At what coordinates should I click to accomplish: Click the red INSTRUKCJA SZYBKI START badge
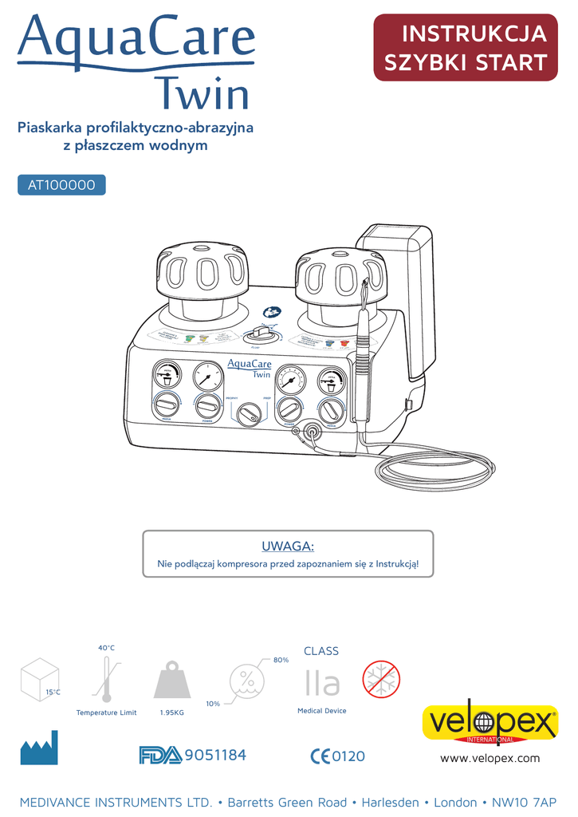(466, 48)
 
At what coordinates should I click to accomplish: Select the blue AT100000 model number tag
(61, 185)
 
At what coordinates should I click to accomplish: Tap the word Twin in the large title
(202, 94)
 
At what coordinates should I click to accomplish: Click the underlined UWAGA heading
(288, 546)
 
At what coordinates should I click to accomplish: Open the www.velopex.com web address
(490, 758)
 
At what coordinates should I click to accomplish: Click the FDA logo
(159, 755)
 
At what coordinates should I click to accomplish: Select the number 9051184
(214, 755)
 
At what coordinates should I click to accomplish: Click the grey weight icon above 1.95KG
(172, 681)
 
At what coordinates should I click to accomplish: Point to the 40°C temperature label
(107, 648)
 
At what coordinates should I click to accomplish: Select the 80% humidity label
(281, 660)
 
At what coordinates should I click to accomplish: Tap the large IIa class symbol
(322, 683)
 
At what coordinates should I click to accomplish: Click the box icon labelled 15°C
(39, 679)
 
